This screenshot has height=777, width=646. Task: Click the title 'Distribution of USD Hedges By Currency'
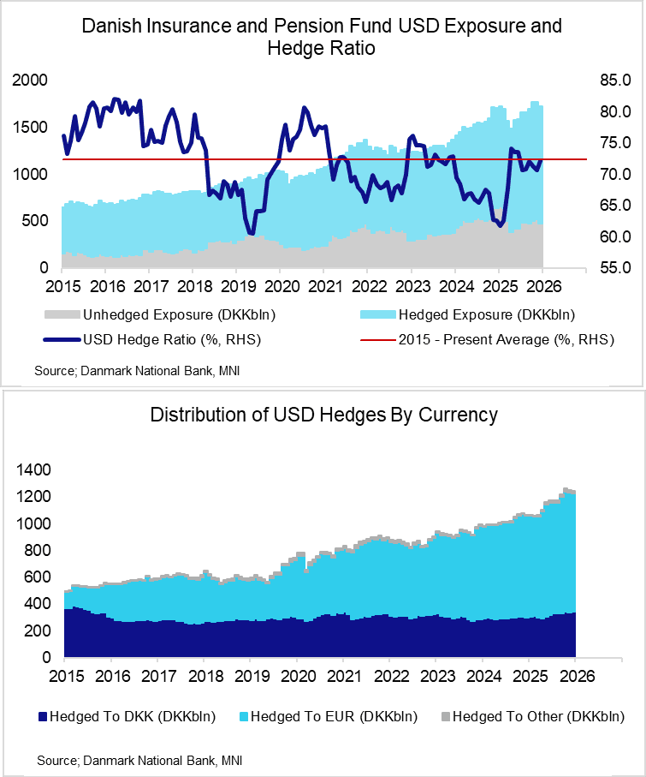pos(323,415)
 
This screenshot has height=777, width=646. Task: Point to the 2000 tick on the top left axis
pos(31,81)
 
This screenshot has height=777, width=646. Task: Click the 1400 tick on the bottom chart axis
pos(32,470)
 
